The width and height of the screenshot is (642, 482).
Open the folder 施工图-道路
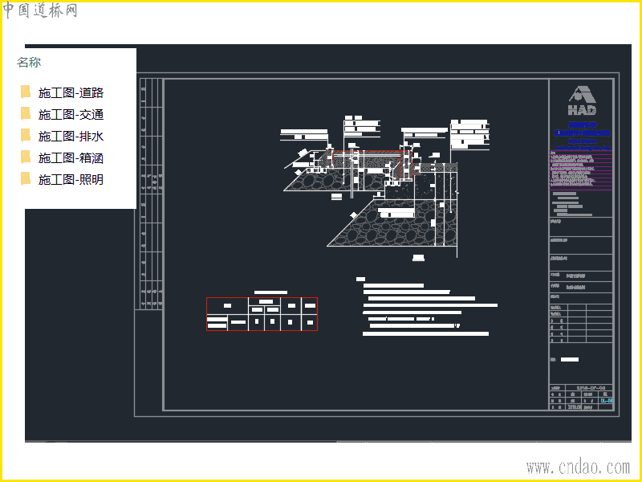pyautogui.click(x=71, y=93)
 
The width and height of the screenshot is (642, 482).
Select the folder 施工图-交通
pyautogui.click(x=71, y=115)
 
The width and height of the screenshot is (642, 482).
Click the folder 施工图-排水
pyautogui.click(x=71, y=137)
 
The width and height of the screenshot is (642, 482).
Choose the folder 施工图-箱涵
pyautogui.click(x=71, y=158)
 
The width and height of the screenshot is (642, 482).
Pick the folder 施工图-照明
pyautogui.click(x=71, y=180)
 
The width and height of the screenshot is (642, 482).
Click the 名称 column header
pyautogui.click(x=29, y=63)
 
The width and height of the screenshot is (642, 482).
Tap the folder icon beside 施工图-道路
pyautogui.click(x=26, y=92)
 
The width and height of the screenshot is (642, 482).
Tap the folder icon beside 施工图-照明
pyautogui.click(x=26, y=179)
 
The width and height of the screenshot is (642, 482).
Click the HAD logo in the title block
pyautogui.click(x=582, y=100)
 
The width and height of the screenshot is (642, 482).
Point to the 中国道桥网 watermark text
pyautogui.click(x=40, y=10)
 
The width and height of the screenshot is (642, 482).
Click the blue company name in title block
pyautogui.click(x=582, y=129)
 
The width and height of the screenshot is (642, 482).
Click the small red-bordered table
pyautogui.click(x=262, y=314)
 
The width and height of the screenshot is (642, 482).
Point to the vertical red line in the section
pyautogui.click(x=400, y=166)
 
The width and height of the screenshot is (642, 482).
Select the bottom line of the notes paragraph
pyautogui.click(x=425, y=333)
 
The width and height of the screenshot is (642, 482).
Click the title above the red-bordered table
pyautogui.click(x=270, y=292)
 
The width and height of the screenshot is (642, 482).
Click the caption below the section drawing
pyautogui.click(x=418, y=258)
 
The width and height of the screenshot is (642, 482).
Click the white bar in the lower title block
pyautogui.click(x=569, y=359)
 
